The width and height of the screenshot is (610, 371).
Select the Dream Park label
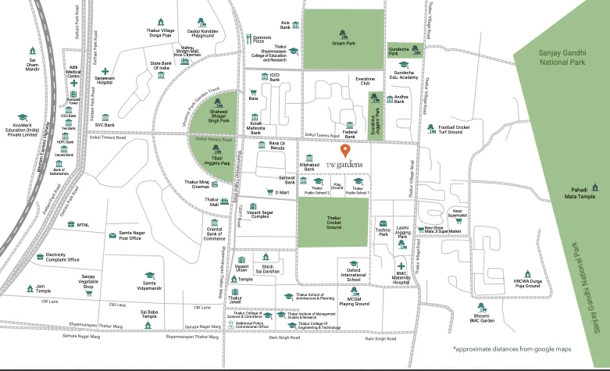pyautogui.click(x=343, y=44)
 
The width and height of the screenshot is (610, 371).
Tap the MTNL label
pyautogui.click(x=83, y=224)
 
